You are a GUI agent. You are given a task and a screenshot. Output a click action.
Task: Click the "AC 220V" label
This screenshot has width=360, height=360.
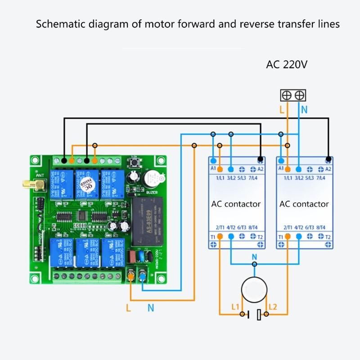coord(287,64)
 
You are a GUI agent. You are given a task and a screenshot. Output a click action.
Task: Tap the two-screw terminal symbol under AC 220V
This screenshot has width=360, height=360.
coord(293,95)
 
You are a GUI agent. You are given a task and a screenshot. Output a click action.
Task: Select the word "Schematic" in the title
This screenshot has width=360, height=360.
coord(59,24)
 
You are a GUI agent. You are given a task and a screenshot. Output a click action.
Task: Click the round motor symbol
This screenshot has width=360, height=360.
coord(254,289)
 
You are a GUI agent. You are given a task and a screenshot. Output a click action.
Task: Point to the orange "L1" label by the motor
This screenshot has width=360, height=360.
coord(235,307)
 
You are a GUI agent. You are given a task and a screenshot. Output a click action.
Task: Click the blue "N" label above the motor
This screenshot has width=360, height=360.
coord(254,257)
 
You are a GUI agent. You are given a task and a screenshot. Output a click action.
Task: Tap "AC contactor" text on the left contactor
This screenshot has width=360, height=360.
coord(236,204)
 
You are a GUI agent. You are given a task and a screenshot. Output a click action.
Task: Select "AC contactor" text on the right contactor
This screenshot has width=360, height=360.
coord(304,204)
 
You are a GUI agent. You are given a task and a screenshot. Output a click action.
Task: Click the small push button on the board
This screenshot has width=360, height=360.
coord(134,162)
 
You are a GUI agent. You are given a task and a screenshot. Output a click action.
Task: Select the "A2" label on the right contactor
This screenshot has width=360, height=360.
coord(328,169)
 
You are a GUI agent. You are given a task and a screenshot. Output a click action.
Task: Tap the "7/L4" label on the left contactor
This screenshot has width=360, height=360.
coord(253,179)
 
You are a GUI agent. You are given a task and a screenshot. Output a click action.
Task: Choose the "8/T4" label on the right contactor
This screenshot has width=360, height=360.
coord(321,228)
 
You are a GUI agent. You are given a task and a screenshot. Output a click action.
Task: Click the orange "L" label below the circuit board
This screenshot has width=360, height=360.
coord(128,308)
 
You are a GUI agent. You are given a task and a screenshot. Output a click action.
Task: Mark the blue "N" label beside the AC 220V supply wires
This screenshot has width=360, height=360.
coord(304,109)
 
